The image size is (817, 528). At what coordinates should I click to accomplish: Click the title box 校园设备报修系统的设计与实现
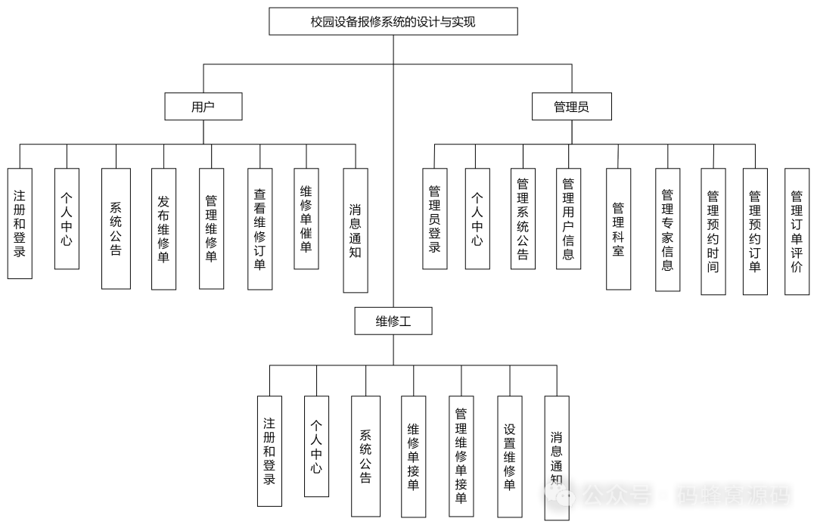coord(393,22)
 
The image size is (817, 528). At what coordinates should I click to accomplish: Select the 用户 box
coord(203,107)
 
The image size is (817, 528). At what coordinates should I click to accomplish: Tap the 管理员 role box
coord(571,107)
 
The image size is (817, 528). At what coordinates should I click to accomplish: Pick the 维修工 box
coord(393,321)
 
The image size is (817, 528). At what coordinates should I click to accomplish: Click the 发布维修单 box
coord(163,228)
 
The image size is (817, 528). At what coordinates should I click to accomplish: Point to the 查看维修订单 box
coord(259,228)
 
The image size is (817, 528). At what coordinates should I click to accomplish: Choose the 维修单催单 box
coord(306,219)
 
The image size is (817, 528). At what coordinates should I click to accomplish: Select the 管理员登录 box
coord(434,219)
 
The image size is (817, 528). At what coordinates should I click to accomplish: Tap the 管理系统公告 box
coord(523,219)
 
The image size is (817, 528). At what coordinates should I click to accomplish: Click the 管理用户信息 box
coord(568,219)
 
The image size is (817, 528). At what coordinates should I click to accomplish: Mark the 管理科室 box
coord(618,228)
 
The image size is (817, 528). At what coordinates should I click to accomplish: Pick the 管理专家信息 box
coord(667,229)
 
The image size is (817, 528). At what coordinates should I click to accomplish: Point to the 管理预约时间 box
coord(713,231)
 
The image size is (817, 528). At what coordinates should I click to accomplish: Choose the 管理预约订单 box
coord(754,231)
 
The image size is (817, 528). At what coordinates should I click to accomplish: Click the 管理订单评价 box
coord(797,231)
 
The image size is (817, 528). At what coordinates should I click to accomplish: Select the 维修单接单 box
coord(413,456)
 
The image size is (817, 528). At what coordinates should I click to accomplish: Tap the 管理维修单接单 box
coord(461,456)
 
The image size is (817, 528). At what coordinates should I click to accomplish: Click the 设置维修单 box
coord(509,456)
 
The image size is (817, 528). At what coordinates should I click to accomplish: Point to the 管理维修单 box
coord(211,228)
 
